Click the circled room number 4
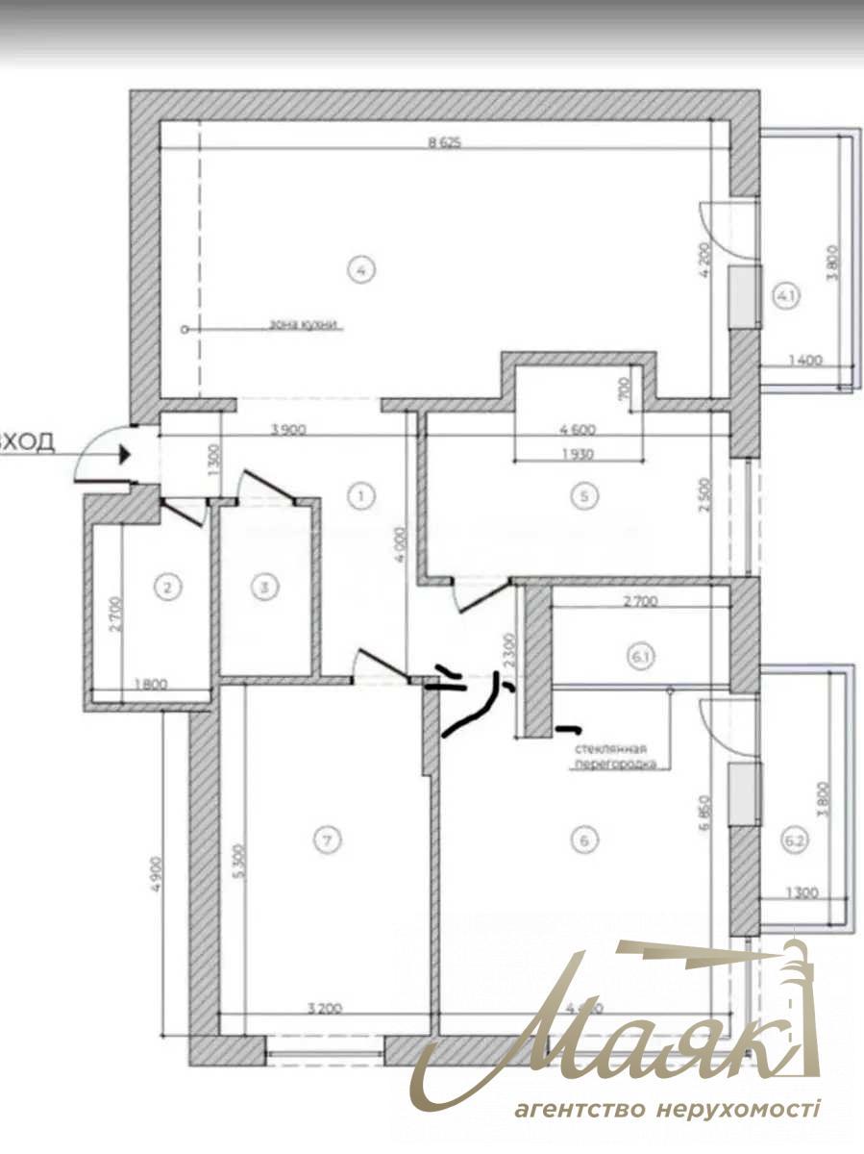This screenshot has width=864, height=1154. click(x=360, y=270)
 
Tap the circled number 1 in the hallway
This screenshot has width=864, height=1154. click(x=359, y=496)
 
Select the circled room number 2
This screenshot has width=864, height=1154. click(x=169, y=587)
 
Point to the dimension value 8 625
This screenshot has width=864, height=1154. click(x=445, y=143)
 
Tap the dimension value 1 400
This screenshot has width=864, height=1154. click(x=805, y=361)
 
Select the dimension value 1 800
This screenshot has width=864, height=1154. click(x=151, y=686)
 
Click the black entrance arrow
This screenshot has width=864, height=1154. click(x=123, y=454)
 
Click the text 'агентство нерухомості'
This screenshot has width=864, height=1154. click(x=666, y=1111)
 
